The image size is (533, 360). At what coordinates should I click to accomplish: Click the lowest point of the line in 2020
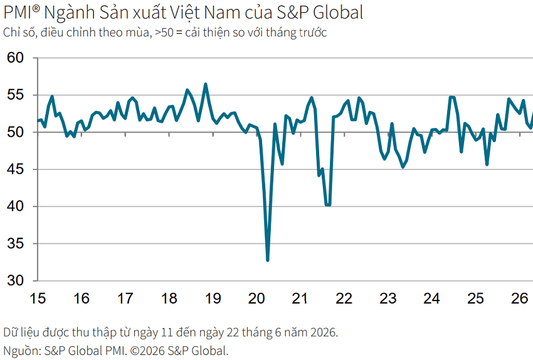268,260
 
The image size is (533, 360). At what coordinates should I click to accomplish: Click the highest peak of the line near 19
205,84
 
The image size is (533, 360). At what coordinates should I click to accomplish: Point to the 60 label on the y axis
15,58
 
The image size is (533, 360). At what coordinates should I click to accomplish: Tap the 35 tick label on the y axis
15,243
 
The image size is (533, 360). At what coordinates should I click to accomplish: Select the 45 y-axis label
15,169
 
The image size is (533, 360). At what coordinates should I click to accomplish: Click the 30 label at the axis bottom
15,280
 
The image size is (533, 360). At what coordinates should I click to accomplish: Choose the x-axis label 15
38,299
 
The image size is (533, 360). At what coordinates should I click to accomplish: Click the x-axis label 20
256,299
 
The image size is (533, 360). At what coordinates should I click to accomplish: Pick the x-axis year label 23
388,299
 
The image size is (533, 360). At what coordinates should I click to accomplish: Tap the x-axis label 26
519,299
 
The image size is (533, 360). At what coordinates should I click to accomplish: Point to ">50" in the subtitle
164,33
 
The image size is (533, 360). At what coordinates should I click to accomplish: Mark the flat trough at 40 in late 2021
328,205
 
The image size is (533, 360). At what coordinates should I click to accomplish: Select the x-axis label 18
169,299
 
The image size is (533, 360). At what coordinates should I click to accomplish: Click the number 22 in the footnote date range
233,332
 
